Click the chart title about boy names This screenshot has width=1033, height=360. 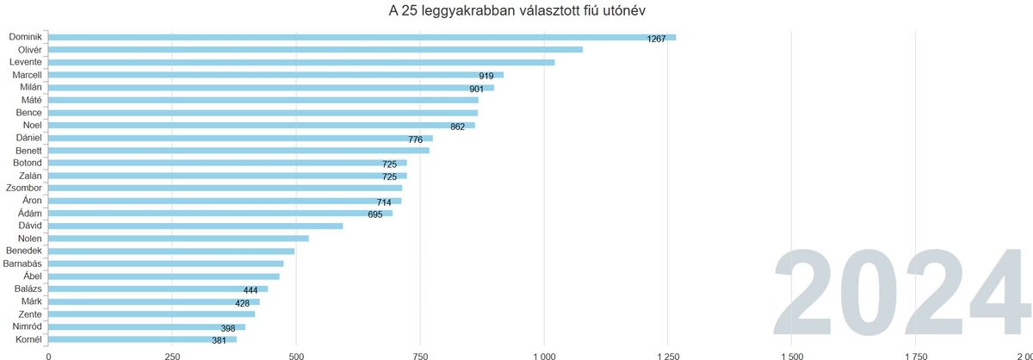tap(516, 11)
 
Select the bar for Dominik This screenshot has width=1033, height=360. tap(362, 37)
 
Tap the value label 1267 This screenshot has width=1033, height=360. tap(656, 38)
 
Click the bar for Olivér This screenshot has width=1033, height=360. tap(315, 50)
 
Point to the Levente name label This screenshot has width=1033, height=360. tap(26, 62)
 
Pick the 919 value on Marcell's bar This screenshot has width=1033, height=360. tap(486, 76)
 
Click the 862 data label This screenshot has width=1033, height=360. tap(457, 127)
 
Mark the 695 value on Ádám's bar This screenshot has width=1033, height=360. tap(374, 214)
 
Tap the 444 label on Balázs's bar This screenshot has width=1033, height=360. tap(251, 290)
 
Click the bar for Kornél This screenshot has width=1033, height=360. tap(142, 339)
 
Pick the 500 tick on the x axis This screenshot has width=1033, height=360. tap(296, 354)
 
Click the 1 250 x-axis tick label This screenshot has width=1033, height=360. tap(667, 354)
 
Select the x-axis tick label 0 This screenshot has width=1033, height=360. tap(48, 354)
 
